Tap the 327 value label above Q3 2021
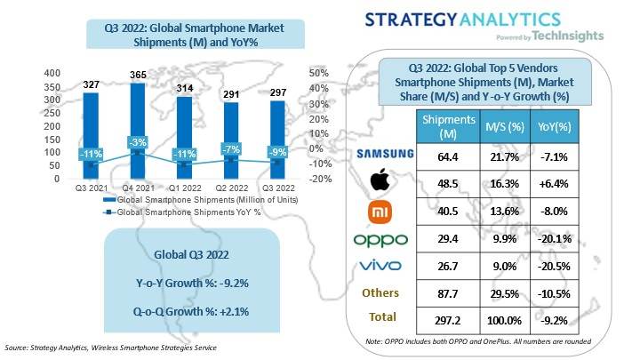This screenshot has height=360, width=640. point(90,85)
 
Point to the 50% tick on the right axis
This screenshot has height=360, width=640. point(319,73)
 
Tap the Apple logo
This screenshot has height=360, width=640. point(385,182)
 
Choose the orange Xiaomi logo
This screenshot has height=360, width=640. point(385,212)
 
